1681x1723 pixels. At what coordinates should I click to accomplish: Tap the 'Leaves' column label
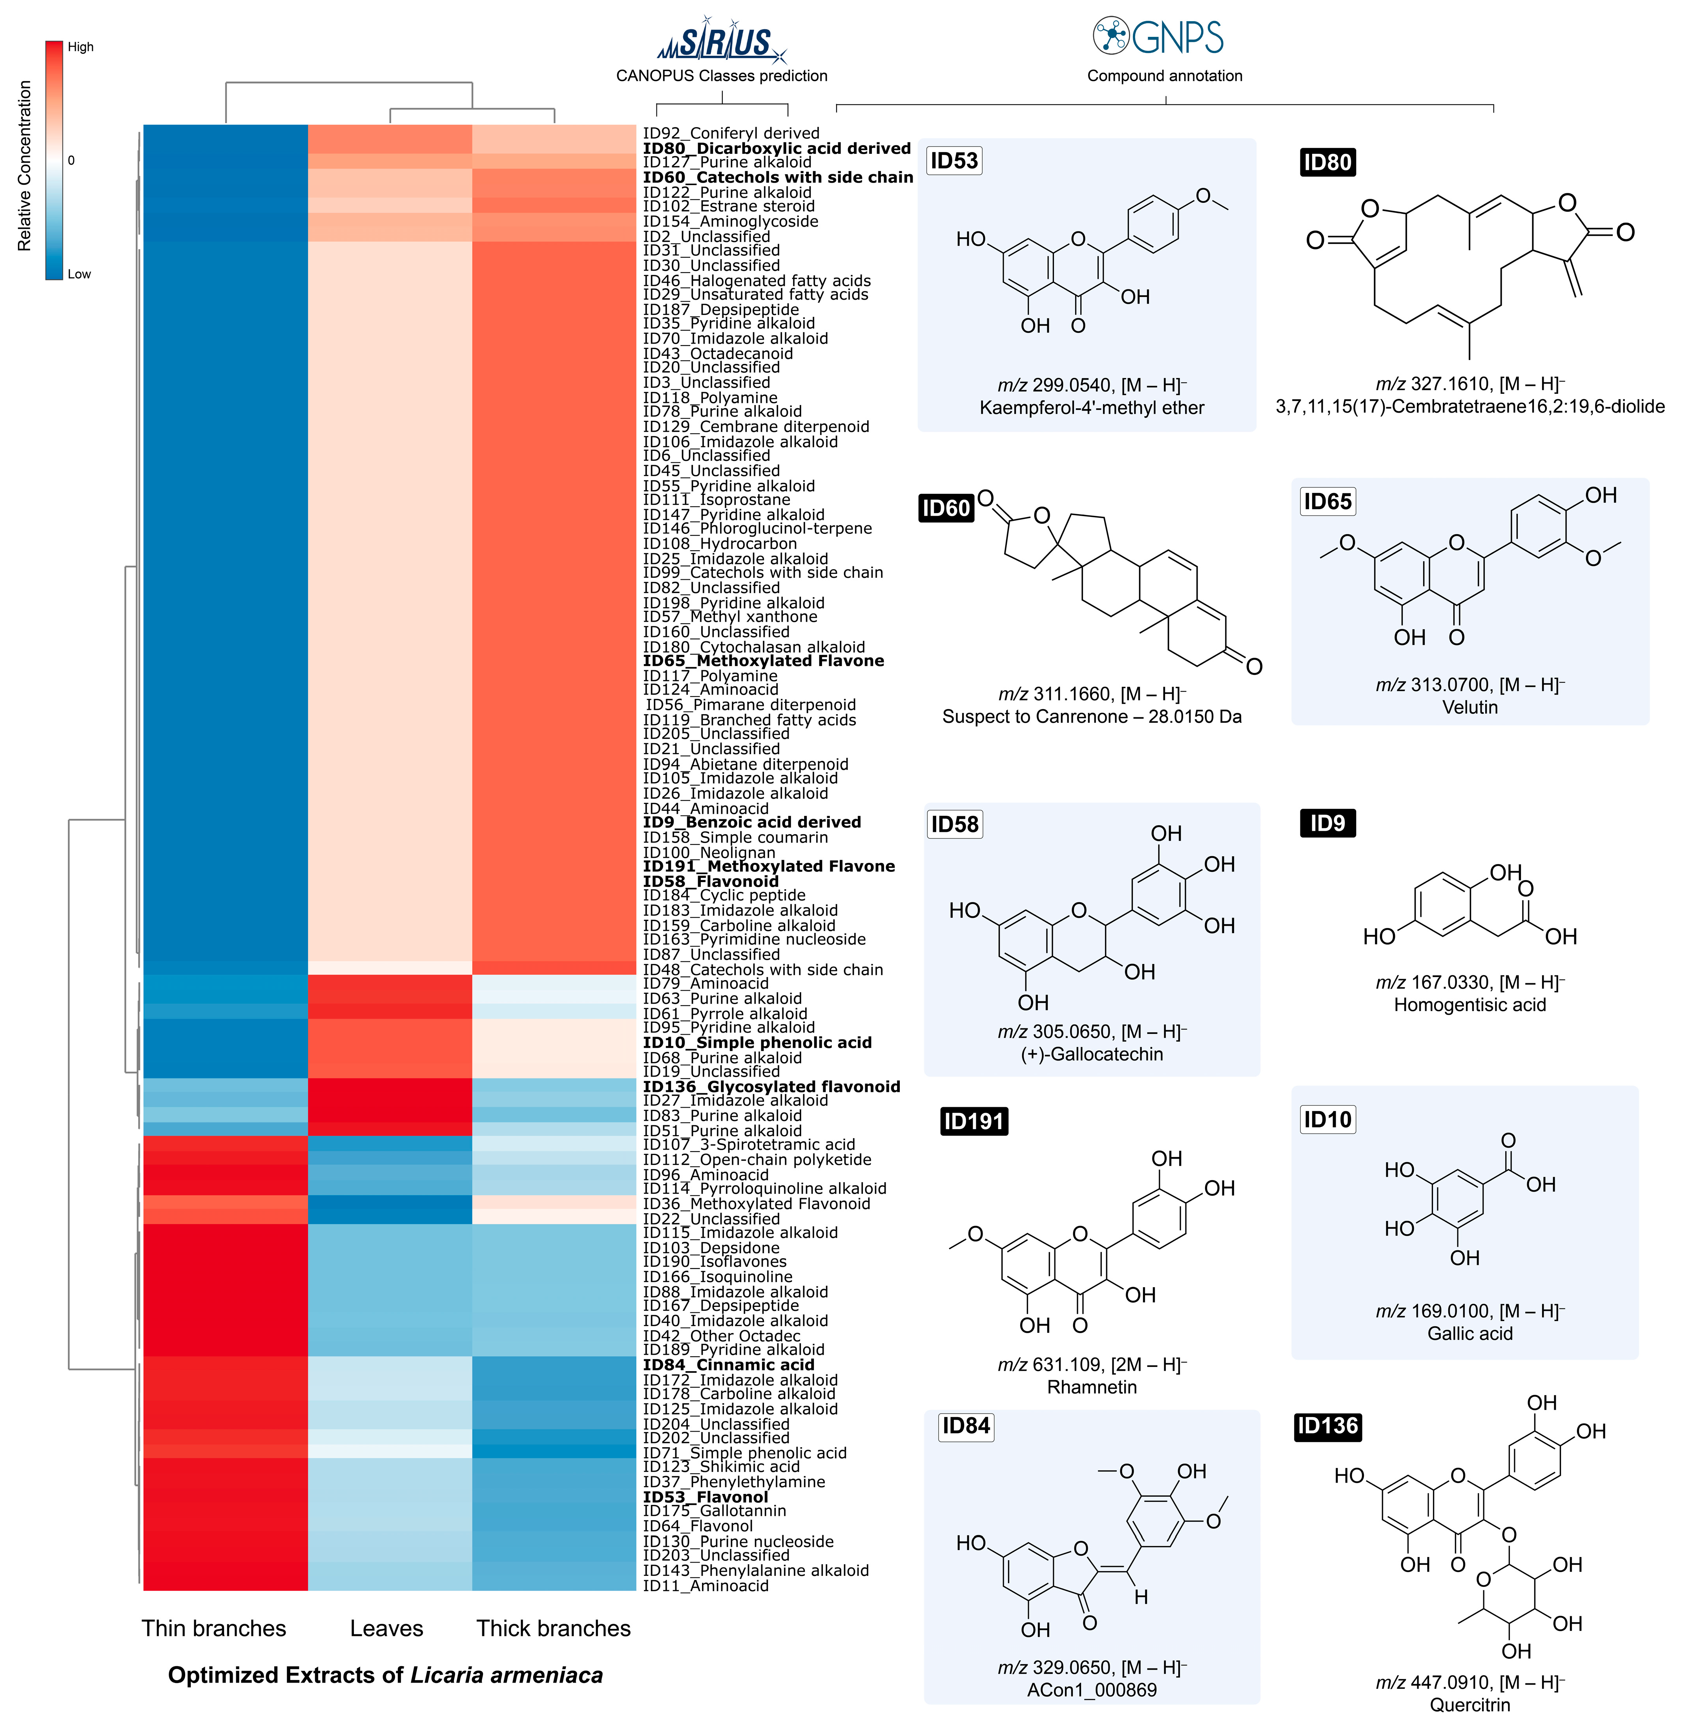(x=387, y=1628)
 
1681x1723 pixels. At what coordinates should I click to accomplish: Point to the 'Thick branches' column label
(x=554, y=1628)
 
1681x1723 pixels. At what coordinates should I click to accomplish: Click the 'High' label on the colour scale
(x=80, y=47)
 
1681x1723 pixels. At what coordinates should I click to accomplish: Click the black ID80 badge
(x=1327, y=162)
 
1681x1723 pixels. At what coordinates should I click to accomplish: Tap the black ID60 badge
(x=946, y=508)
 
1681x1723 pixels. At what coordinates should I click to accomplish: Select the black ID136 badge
(x=1327, y=1426)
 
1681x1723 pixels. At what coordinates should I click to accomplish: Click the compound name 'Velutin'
(x=1469, y=707)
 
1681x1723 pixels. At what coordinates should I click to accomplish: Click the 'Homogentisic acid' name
(x=1469, y=1004)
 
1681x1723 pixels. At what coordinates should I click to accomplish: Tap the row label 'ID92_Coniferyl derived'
(x=731, y=133)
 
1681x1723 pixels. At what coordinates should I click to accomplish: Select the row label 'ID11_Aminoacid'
(x=706, y=1586)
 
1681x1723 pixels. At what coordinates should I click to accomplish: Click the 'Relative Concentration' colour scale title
(x=25, y=166)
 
